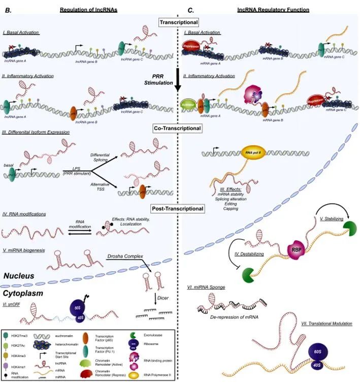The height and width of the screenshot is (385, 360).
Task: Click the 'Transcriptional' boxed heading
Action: pos(178,22)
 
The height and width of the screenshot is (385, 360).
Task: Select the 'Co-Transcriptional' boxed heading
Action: pos(178,129)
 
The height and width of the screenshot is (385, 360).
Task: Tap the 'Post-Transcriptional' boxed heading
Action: pos(178,208)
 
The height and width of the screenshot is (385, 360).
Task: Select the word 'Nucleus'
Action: pos(19,276)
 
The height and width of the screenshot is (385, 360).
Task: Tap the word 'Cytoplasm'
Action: pos(24,294)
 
